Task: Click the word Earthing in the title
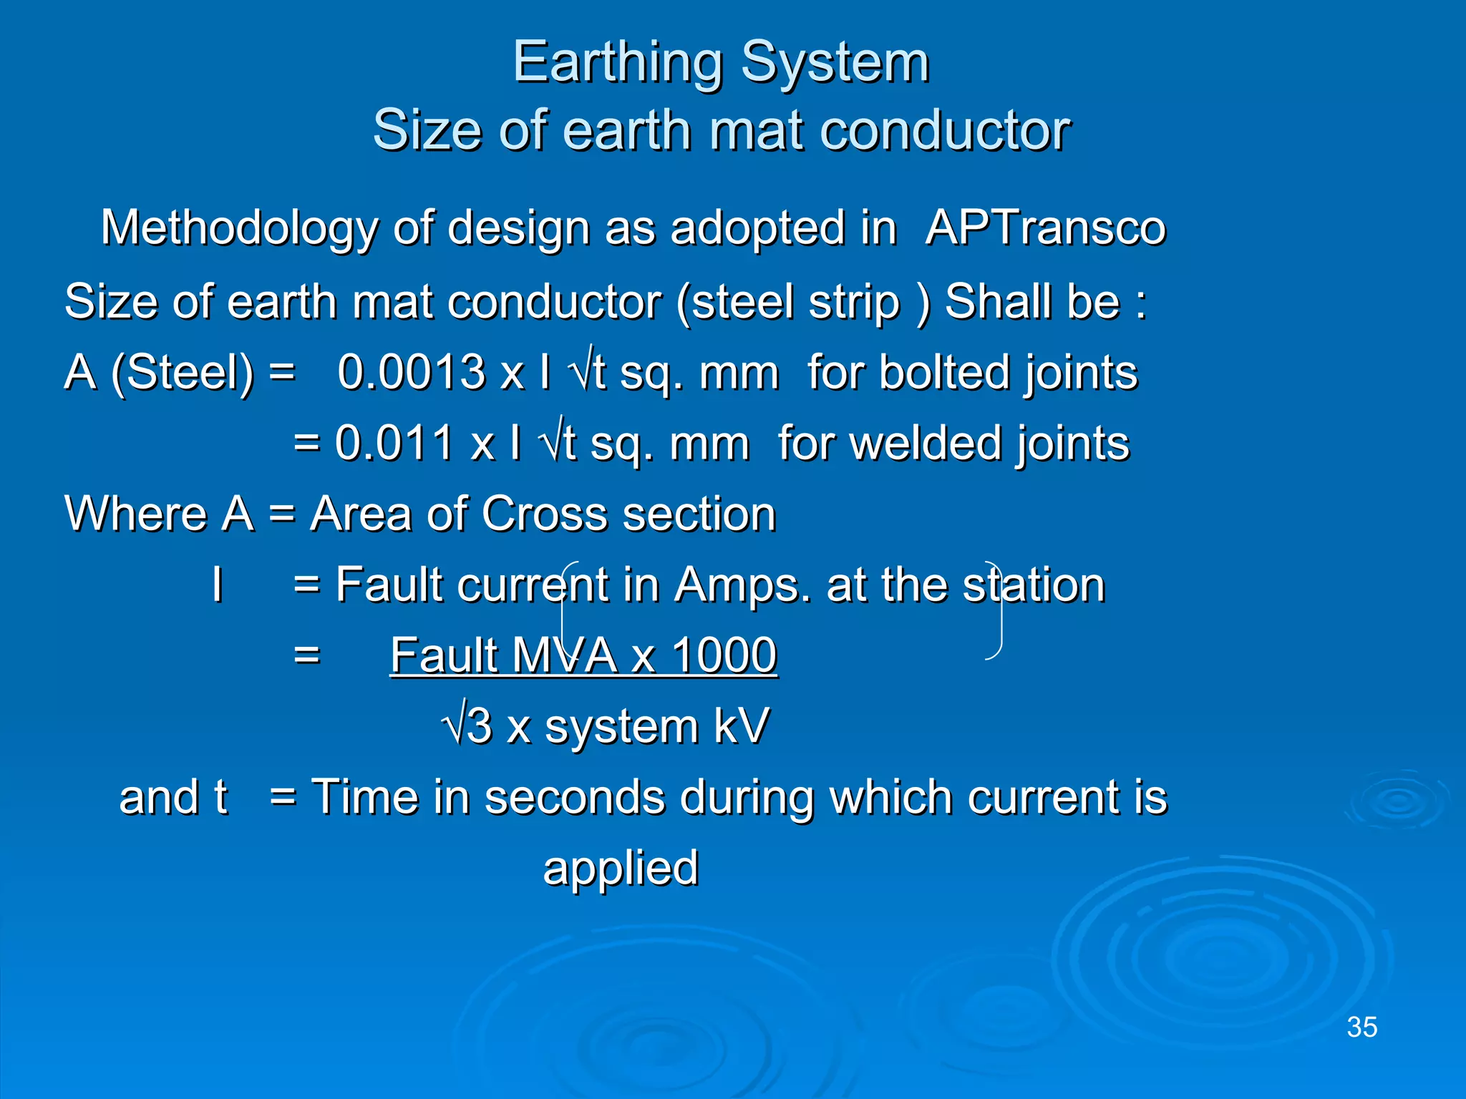[x=617, y=63]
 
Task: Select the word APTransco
[x=1046, y=228]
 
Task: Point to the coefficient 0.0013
[x=412, y=372]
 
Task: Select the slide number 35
[x=1361, y=1027]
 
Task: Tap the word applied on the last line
[x=621, y=869]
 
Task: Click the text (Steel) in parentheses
[x=182, y=372]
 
